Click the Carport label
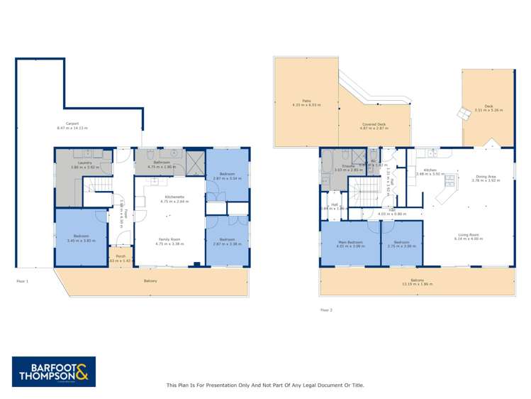click(67, 124)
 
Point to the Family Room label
click(170, 241)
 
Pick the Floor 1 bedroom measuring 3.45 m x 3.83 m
click(81, 238)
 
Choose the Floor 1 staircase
click(96, 192)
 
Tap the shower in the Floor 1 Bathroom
click(193, 163)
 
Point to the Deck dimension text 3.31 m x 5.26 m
click(488, 110)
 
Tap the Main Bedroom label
click(350, 242)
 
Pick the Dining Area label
click(485, 177)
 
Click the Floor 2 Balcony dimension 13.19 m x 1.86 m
click(417, 284)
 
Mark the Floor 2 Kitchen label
click(430, 170)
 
